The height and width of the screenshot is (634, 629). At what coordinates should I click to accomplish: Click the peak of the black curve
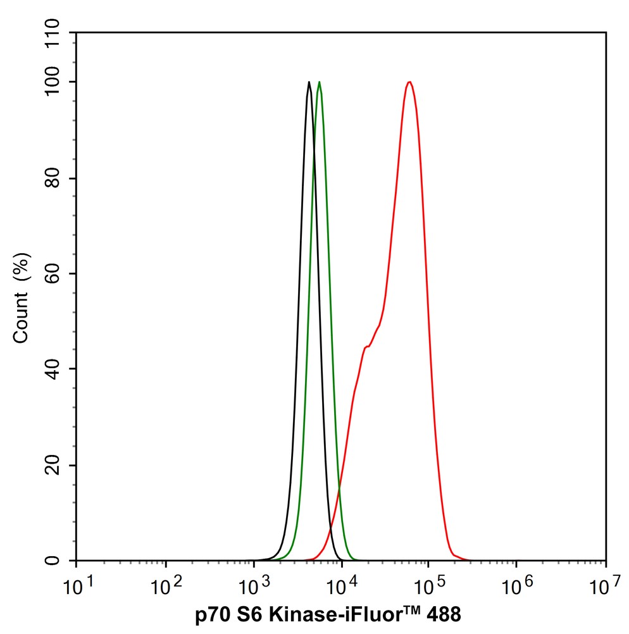(x=309, y=82)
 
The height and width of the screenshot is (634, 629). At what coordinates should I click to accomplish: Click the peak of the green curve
(x=319, y=82)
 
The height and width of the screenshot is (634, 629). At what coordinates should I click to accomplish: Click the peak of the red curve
(x=410, y=82)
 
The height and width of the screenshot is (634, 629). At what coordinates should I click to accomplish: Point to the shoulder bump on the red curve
(x=366, y=347)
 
